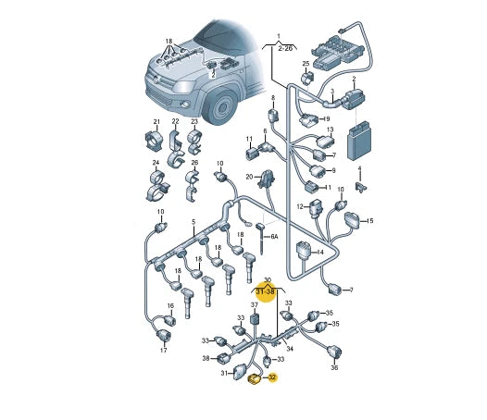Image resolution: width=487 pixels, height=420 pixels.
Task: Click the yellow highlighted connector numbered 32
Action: tap(254, 379)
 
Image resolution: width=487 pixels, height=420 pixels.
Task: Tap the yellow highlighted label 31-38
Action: tap(265, 291)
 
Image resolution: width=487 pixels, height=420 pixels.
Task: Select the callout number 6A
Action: tap(274, 237)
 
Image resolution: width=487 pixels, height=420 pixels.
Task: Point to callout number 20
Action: tap(249, 177)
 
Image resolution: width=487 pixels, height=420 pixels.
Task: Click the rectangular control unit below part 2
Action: tap(357, 141)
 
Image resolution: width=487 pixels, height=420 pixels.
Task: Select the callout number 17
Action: tap(163, 351)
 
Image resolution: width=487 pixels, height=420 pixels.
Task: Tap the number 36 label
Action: tap(334, 368)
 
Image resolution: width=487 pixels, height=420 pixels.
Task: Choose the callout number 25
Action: tap(306, 64)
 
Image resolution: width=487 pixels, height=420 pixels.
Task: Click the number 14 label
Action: tap(320, 252)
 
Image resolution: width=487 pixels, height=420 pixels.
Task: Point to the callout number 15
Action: tap(369, 221)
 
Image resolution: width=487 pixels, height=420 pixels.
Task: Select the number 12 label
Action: tap(300, 206)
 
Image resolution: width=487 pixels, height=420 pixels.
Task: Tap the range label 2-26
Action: tap(285, 48)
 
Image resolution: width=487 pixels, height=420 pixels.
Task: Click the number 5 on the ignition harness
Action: tap(194, 222)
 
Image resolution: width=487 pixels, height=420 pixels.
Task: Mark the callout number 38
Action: tap(206, 358)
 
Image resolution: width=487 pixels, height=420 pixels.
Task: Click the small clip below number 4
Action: tap(361, 187)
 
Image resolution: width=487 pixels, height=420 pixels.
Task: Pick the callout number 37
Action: tap(255, 305)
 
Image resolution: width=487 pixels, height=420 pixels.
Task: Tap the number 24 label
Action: tap(156, 163)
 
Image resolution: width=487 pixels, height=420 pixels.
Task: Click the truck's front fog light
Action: tap(185, 105)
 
